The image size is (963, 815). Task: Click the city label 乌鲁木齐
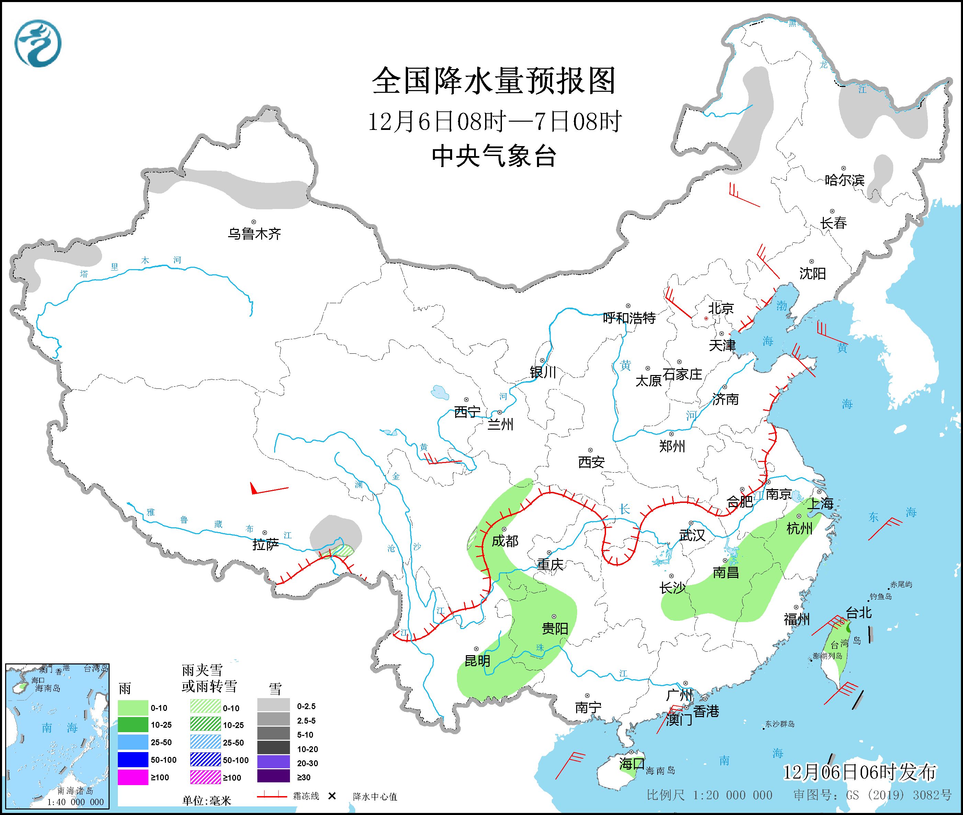point(254,234)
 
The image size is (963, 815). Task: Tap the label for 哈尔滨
point(844,180)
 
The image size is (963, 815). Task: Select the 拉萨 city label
point(266,545)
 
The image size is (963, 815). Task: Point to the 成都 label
point(505,541)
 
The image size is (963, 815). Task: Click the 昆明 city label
point(477,661)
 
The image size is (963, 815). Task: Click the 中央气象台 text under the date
point(494,156)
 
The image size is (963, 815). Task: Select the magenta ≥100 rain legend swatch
point(133,777)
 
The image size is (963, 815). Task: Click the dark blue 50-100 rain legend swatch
point(133,760)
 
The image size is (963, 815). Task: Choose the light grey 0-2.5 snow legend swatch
point(273,706)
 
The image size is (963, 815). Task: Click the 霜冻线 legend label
point(306,796)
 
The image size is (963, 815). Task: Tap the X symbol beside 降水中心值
point(332,796)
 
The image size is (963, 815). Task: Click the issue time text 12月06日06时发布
point(860,772)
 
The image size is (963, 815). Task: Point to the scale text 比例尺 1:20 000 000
point(709,795)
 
